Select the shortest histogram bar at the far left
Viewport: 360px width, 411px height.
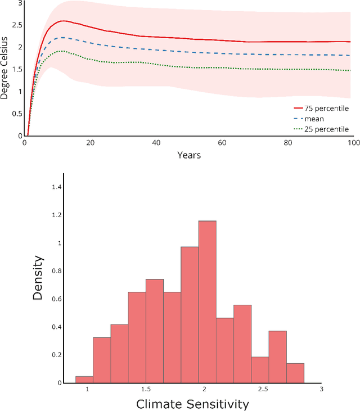point(84,380)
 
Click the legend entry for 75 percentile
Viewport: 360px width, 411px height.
point(321,108)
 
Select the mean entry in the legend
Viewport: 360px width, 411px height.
point(313,119)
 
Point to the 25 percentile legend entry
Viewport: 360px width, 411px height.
point(321,129)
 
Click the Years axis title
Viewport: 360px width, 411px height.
point(188,155)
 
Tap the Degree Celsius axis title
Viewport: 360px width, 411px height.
point(4,69)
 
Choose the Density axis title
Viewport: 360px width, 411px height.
point(38,278)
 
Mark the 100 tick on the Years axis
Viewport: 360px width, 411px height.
point(353,143)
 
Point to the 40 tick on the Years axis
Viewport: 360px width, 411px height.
point(156,143)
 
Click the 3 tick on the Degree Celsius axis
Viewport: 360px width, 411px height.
point(20,3)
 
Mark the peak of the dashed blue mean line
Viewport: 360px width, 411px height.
point(61,38)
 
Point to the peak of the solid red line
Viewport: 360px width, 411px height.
point(63,21)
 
